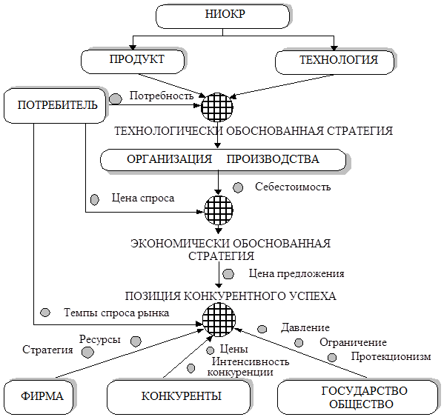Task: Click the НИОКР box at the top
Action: pyautogui.click(x=222, y=16)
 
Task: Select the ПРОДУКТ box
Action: pyautogui.click(x=133, y=61)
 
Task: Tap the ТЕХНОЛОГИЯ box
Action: pyautogui.click(x=335, y=62)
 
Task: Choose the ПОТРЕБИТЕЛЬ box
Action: pyautogui.click(x=55, y=105)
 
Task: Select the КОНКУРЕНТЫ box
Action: pyautogui.click(x=179, y=397)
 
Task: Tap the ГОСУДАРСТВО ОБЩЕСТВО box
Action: pyautogui.click(x=357, y=397)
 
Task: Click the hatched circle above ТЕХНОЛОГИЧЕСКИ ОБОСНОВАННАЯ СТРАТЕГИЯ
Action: pyautogui.click(x=217, y=107)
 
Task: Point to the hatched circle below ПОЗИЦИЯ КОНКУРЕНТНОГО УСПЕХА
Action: pyautogui.click(x=219, y=319)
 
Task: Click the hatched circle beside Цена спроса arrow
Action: pyautogui.click(x=219, y=210)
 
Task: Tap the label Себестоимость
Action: pyautogui.click(x=293, y=187)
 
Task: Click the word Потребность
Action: pyautogui.click(x=162, y=96)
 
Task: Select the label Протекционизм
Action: pyautogui.click(x=391, y=356)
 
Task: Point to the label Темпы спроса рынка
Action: pyautogui.click(x=116, y=313)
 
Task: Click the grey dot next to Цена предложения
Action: pyautogui.click(x=228, y=274)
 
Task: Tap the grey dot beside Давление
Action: pyautogui.click(x=262, y=329)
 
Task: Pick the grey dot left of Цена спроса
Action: pyautogui.click(x=95, y=199)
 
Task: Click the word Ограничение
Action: pyautogui.click(x=353, y=342)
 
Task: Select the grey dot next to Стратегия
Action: pyautogui.click(x=87, y=353)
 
